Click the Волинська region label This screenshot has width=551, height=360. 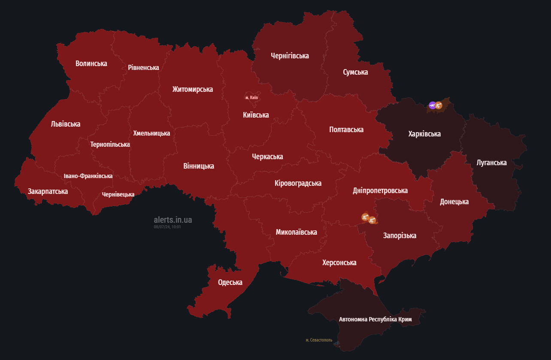click(91, 64)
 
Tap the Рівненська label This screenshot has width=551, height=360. click(143, 68)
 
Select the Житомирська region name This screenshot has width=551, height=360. click(192, 89)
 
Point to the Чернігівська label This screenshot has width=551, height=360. click(290, 56)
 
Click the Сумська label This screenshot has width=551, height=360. click(355, 72)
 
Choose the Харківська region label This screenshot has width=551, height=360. click(424, 134)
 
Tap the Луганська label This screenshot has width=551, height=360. click(491, 163)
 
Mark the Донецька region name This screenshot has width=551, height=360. click(454, 202)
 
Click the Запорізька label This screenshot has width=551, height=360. click(400, 236)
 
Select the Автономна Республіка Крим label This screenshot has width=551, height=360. click(375, 320)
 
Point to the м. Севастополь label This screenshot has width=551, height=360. click(319, 340)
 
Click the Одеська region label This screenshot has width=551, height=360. click(230, 282)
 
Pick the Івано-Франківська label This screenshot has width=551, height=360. click(88, 176)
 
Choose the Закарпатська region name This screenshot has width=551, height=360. click(48, 191)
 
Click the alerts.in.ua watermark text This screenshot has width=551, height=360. click(173, 220)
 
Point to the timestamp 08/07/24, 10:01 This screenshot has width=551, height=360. click(167, 227)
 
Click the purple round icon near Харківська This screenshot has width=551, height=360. click(433, 105)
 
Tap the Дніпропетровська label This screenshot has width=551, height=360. click(380, 191)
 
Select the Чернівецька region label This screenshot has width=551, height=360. click(118, 195)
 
